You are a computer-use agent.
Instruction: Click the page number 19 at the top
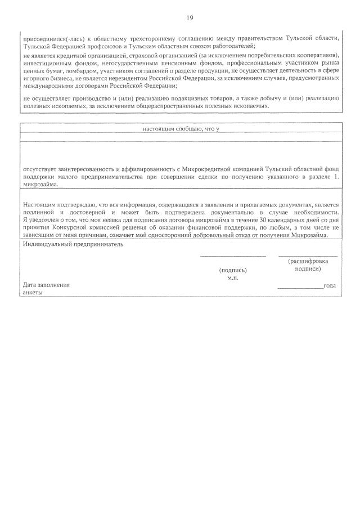190,18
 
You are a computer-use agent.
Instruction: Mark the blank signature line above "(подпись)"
233,256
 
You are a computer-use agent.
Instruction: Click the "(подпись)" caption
233,270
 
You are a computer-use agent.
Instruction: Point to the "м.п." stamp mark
233,278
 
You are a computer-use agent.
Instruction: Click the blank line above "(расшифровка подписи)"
308,256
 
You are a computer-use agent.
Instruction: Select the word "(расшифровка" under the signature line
308,262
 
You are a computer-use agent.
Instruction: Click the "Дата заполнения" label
47,285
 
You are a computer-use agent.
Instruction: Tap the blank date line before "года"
300,286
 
